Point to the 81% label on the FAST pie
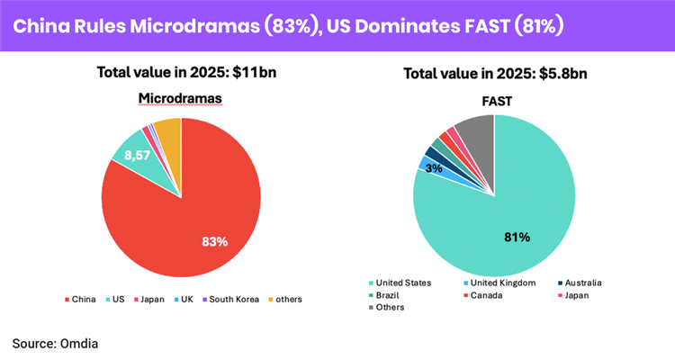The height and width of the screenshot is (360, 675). pyautogui.click(x=516, y=238)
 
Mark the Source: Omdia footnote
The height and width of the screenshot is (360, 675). pyautogui.click(x=56, y=342)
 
